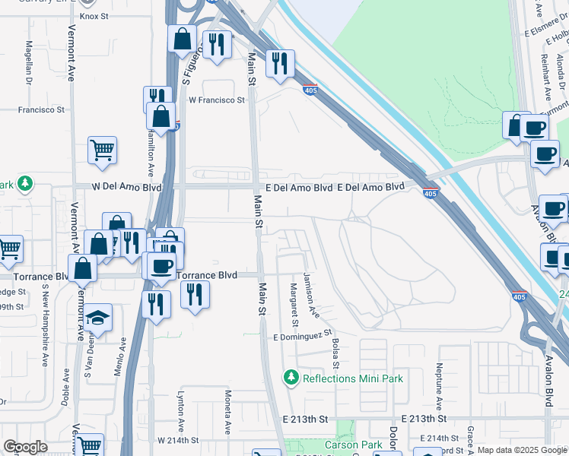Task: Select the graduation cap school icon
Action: (x=98, y=318)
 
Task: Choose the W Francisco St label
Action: (x=217, y=100)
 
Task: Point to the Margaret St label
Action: (x=293, y=302)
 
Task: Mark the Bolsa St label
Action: (x=335, y=345)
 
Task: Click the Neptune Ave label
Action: (x=440, y=388)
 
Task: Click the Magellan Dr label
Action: (x=29, y=62)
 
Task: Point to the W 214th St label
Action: (x=178, y=440)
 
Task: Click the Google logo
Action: (x=25, y=447)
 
